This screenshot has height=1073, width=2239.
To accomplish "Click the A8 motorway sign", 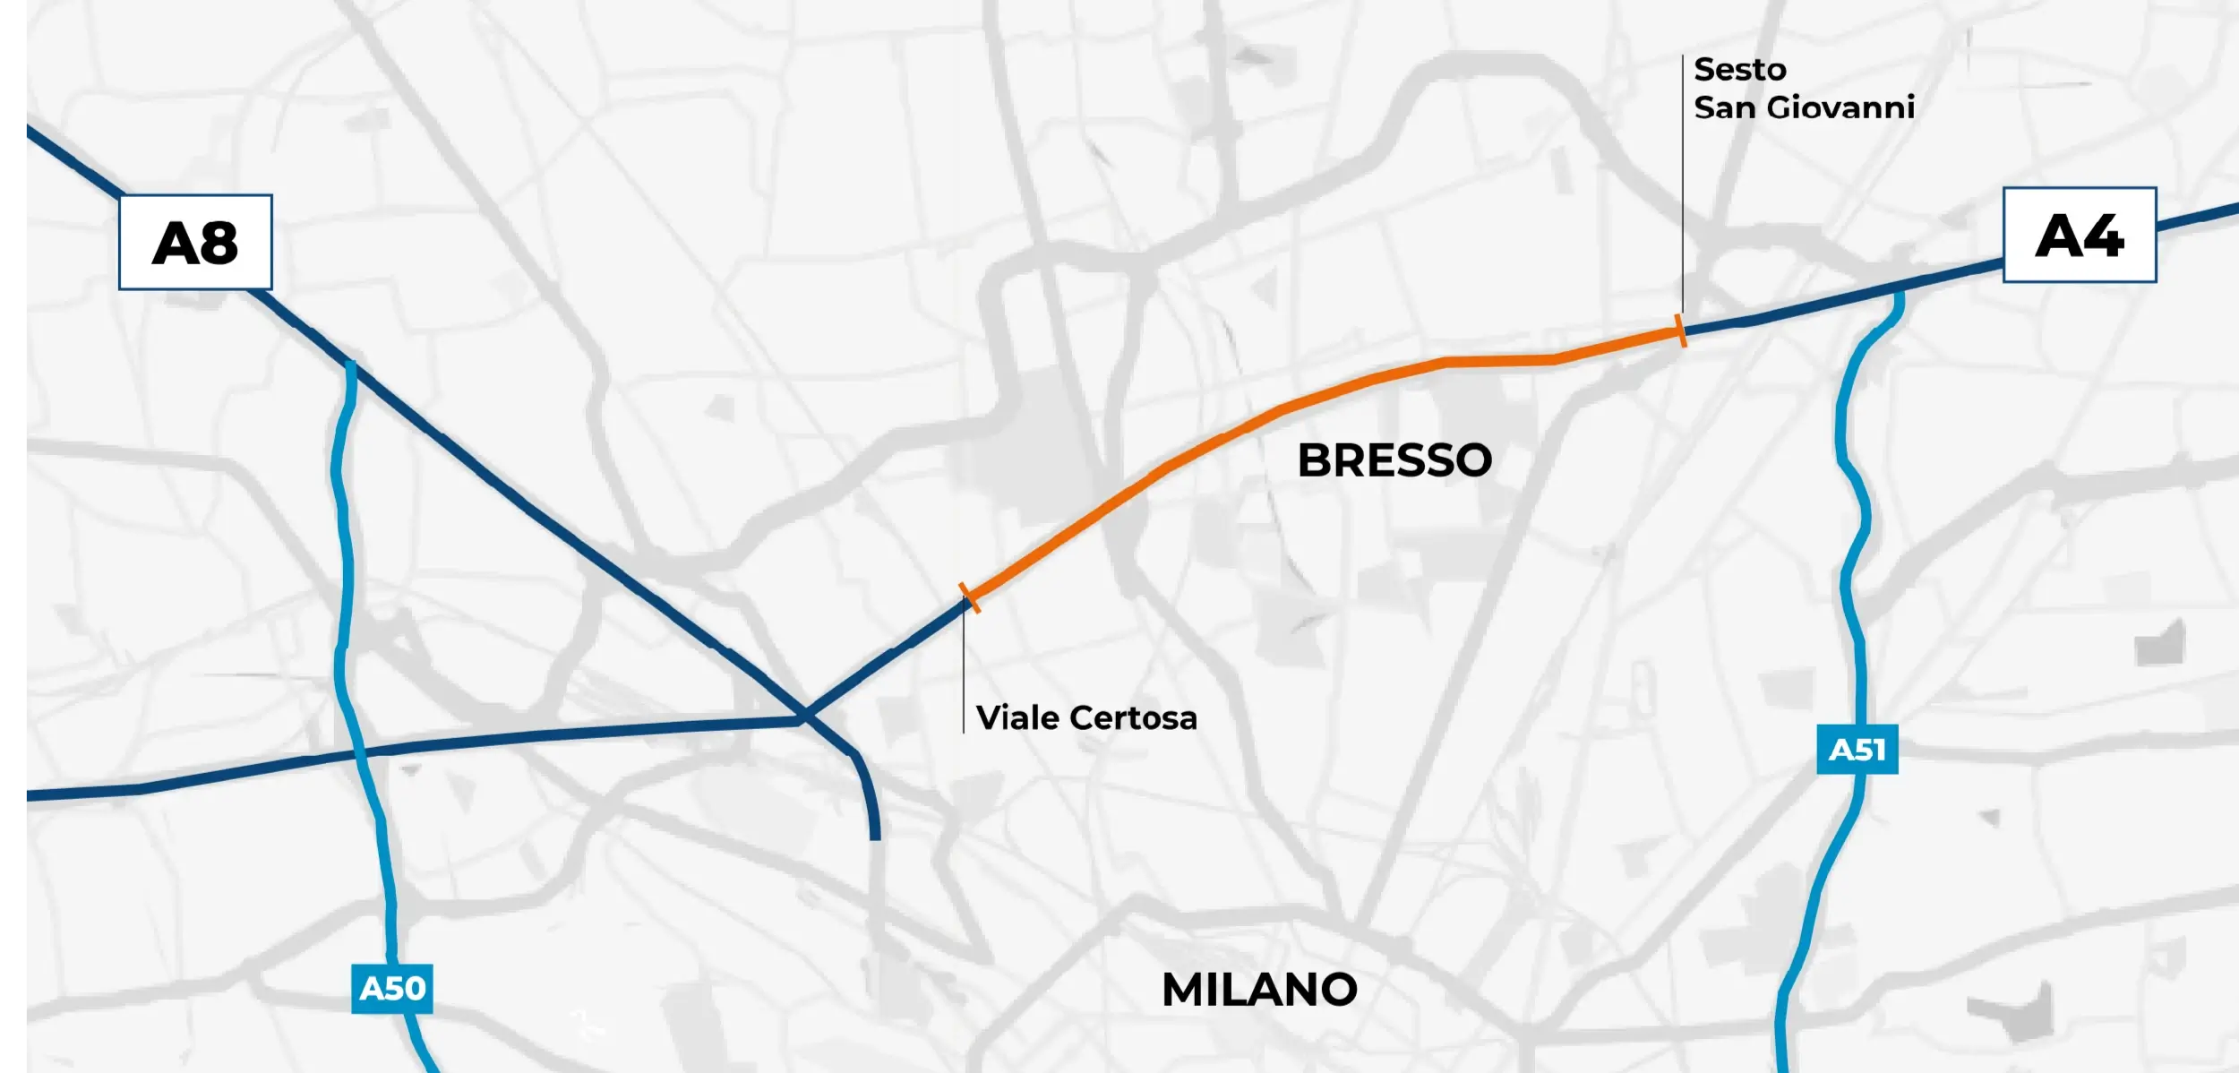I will (195, 242).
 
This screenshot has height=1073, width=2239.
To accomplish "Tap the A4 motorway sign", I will (2079, 235).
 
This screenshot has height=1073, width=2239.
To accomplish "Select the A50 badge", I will (391, 988).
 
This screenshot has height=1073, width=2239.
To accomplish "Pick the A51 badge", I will (1857, 749).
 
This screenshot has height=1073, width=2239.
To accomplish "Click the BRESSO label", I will (1394, 460).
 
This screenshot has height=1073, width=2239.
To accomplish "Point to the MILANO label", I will (1259, 990).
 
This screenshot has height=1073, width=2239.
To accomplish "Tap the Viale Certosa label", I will (1086, 717).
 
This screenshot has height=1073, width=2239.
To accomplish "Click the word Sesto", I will (1739, 69).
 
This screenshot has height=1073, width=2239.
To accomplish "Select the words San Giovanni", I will (1804, 107).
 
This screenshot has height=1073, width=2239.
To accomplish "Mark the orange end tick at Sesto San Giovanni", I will (1681, 330).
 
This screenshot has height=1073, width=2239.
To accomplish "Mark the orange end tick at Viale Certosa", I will (970, 597).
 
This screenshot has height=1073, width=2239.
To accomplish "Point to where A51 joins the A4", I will (1898, 292).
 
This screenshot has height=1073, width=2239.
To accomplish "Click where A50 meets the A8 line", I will (351, 367).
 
